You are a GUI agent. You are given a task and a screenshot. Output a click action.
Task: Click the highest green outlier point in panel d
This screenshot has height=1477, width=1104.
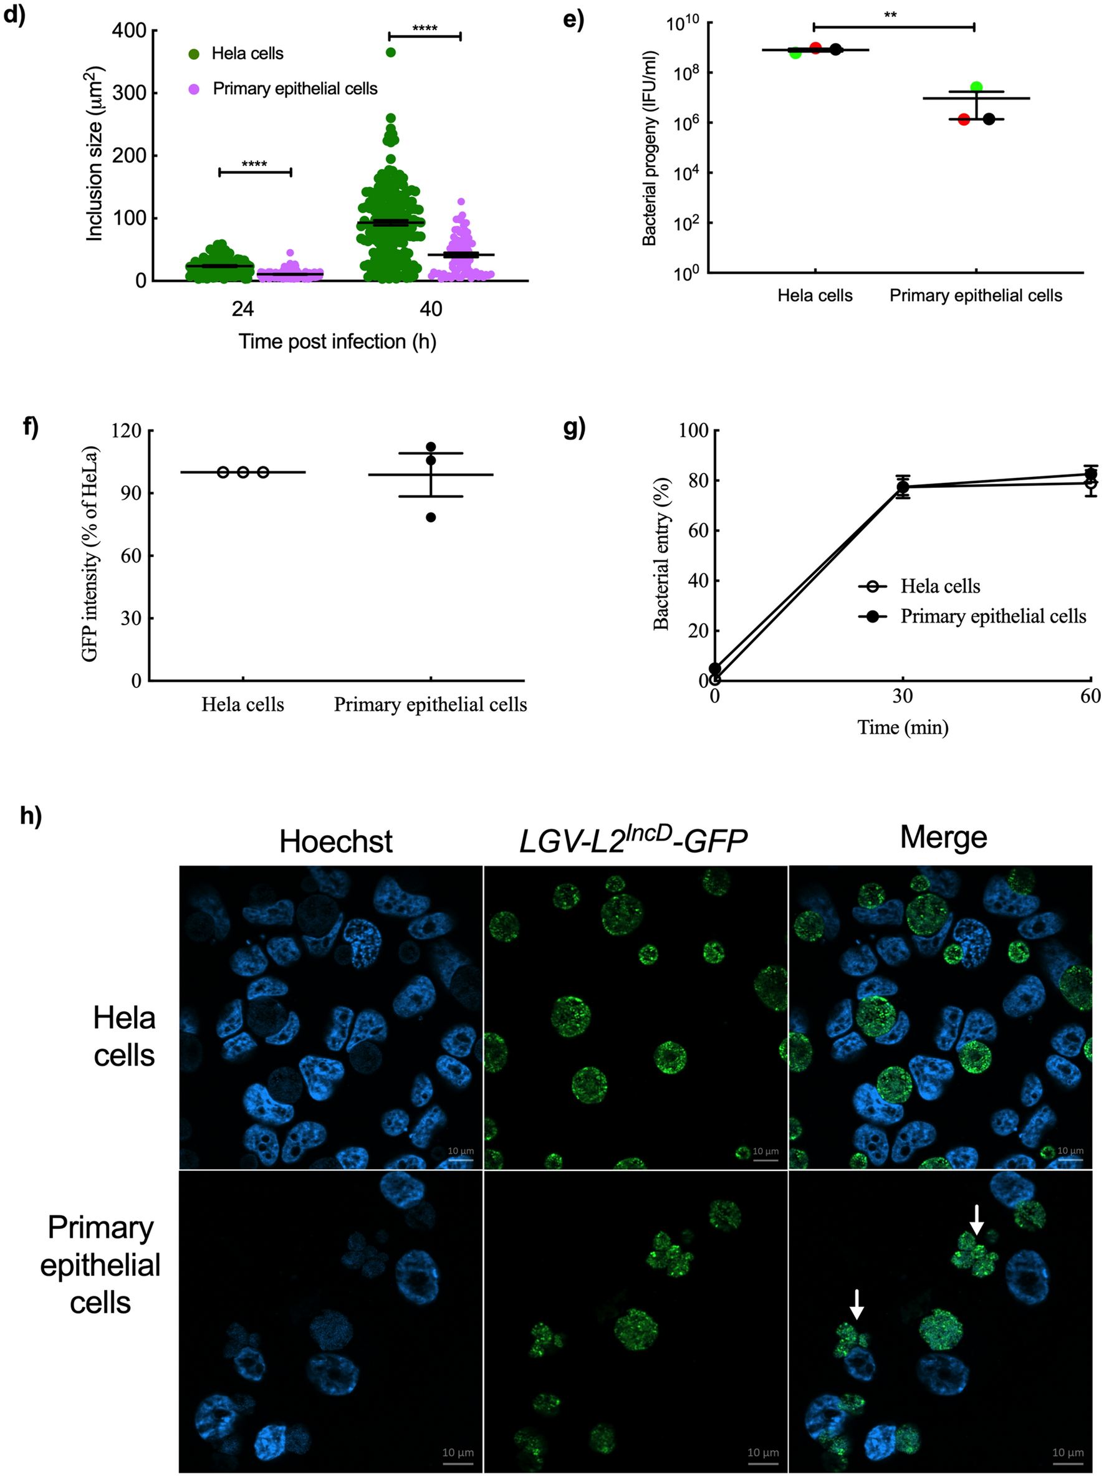click(x=391, y=53)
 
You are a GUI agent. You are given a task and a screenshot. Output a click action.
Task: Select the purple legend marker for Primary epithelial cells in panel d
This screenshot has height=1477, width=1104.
click(x=194, y=88)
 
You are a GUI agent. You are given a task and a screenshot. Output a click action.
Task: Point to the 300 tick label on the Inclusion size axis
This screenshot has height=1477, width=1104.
click(x=130, y=93)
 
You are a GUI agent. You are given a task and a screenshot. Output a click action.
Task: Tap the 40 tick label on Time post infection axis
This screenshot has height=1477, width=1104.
click(x=431, y=309)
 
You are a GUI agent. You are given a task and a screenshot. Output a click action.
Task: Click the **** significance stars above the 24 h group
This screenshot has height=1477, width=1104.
click(x=254, y=163)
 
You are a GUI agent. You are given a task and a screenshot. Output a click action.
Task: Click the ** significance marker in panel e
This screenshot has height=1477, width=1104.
click(x=890, y=15)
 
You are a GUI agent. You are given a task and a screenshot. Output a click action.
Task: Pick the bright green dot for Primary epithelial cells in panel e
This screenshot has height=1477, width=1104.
click(x=976, y=87)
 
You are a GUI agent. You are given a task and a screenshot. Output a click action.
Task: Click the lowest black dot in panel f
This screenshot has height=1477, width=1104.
click(x=431, y=517)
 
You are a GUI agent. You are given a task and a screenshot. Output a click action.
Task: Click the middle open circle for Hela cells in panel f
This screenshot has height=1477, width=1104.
click(x=243, y=472)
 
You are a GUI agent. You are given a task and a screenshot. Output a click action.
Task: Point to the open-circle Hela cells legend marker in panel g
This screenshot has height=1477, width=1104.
click(x=872, y=587)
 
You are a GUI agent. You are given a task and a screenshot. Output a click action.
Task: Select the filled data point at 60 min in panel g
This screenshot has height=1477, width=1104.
click(x=1091, y=474)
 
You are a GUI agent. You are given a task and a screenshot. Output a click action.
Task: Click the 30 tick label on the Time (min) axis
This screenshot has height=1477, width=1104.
click(x=902, y=697)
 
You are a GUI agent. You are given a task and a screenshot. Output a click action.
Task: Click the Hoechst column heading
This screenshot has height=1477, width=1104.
click(x=336, y=841)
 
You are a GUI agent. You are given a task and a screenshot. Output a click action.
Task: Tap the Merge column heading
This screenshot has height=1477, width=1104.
click(x=943, y=838)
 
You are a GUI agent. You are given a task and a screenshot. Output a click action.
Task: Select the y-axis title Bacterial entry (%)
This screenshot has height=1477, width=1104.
click(x=661, y=553)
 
